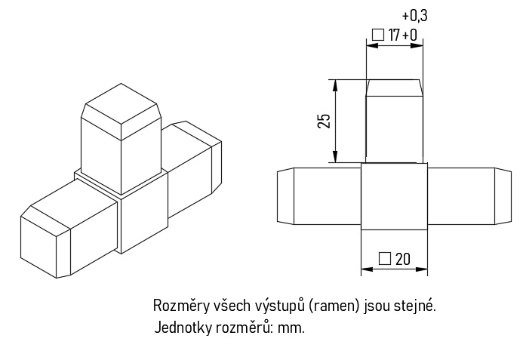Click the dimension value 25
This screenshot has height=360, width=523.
(x=324, y=121)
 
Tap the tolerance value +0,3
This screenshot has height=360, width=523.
(x=414, y=16)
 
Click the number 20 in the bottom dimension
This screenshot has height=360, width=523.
(x=402, y=259)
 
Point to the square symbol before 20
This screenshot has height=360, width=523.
(x=384, y=259)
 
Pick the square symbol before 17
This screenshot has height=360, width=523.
(x=379, y=35)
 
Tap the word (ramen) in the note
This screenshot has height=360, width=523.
(x=334, y=306)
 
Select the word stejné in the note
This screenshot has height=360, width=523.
(x=414, y=306)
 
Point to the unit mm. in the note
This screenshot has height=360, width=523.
(x=291, y=328)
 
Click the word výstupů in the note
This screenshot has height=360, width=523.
(x=279, y=306)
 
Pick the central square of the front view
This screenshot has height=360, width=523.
(x=394, y=196)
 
